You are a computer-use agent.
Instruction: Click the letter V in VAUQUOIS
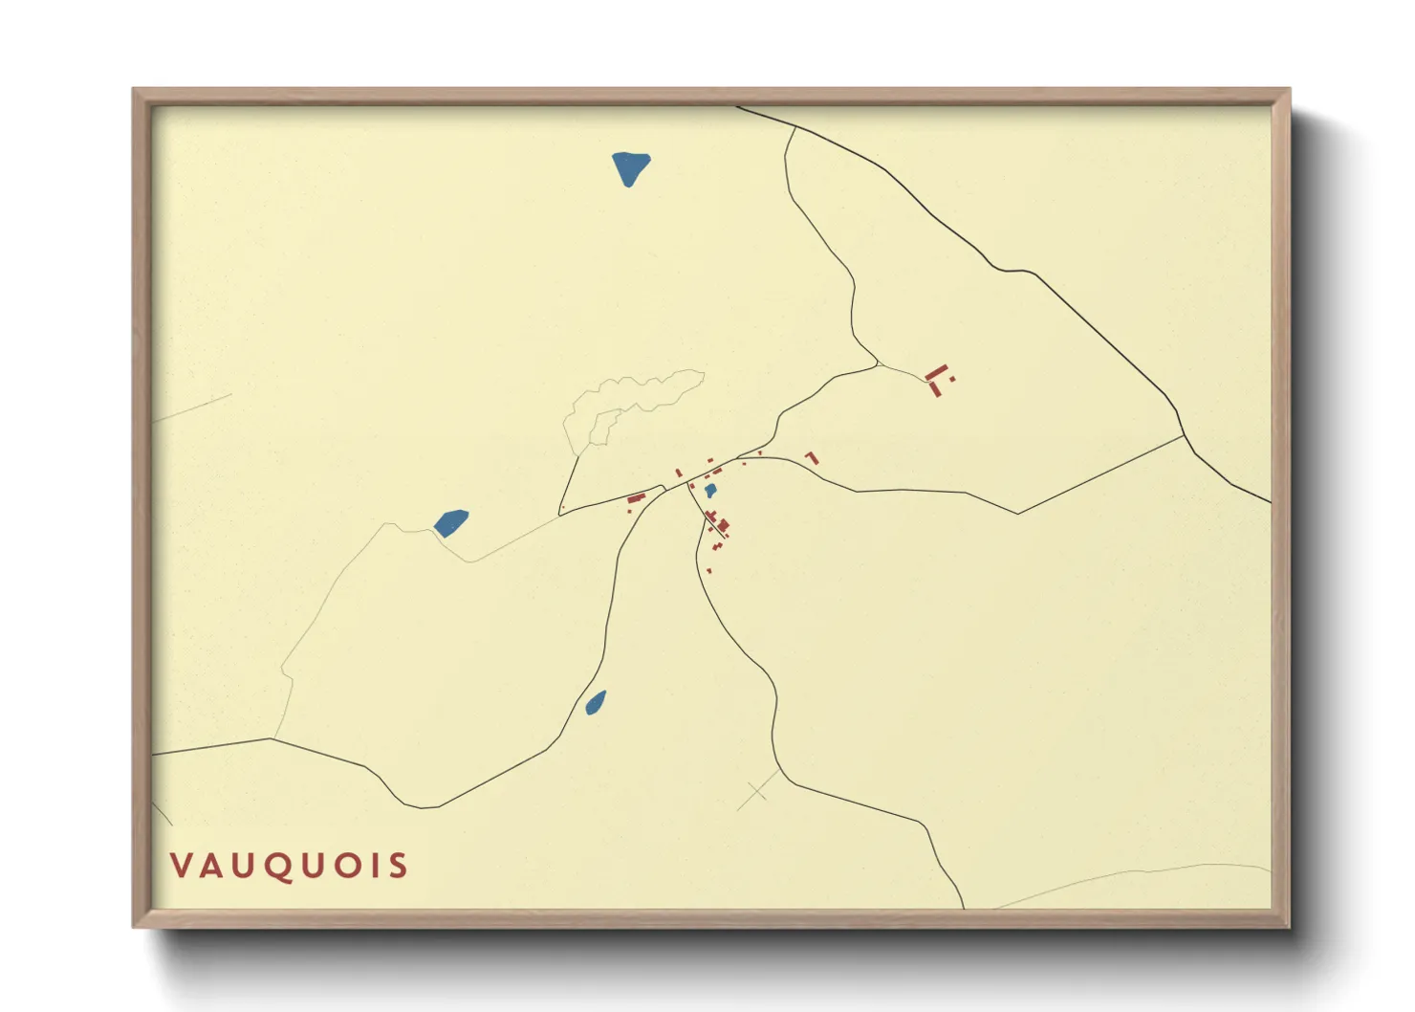point(181,866)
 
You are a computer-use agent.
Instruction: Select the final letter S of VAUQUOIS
point(399,866)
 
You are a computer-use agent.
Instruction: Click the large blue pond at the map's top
point(630,168)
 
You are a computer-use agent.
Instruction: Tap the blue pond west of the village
point(451,522)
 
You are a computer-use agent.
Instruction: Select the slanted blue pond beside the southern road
point(596,703)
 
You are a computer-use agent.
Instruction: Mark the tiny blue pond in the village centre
point(710,491)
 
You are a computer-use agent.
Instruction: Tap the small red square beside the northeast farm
point(952,380)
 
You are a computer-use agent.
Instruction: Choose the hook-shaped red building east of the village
point(813,457)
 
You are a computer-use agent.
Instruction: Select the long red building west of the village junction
point(636,498)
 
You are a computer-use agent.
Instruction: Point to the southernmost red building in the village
point(709,571)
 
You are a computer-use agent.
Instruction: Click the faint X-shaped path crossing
point(758,791)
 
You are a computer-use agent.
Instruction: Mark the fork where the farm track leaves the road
point(877,364)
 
